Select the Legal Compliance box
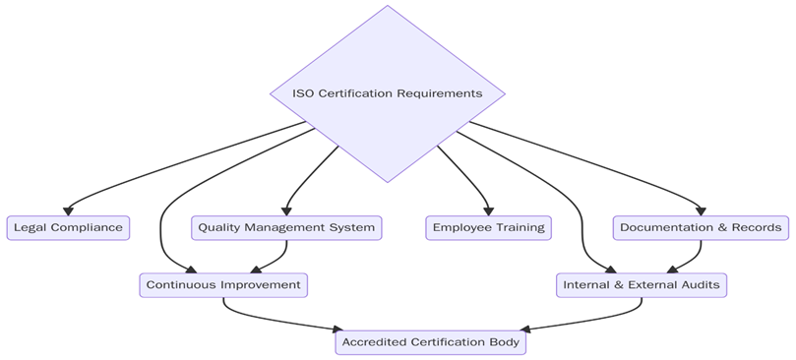click(68, 227)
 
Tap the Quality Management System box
click(286, 227)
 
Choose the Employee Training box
click(489, 227)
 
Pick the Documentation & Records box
click(702, 227)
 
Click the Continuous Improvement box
click(223, 285)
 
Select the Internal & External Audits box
click(643, 285)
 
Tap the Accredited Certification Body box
click(432, 342)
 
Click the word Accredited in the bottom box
click(373, 342)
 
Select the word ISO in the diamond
click(304, 94)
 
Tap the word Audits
click(701, 285)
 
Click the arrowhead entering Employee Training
click(488, 210)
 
